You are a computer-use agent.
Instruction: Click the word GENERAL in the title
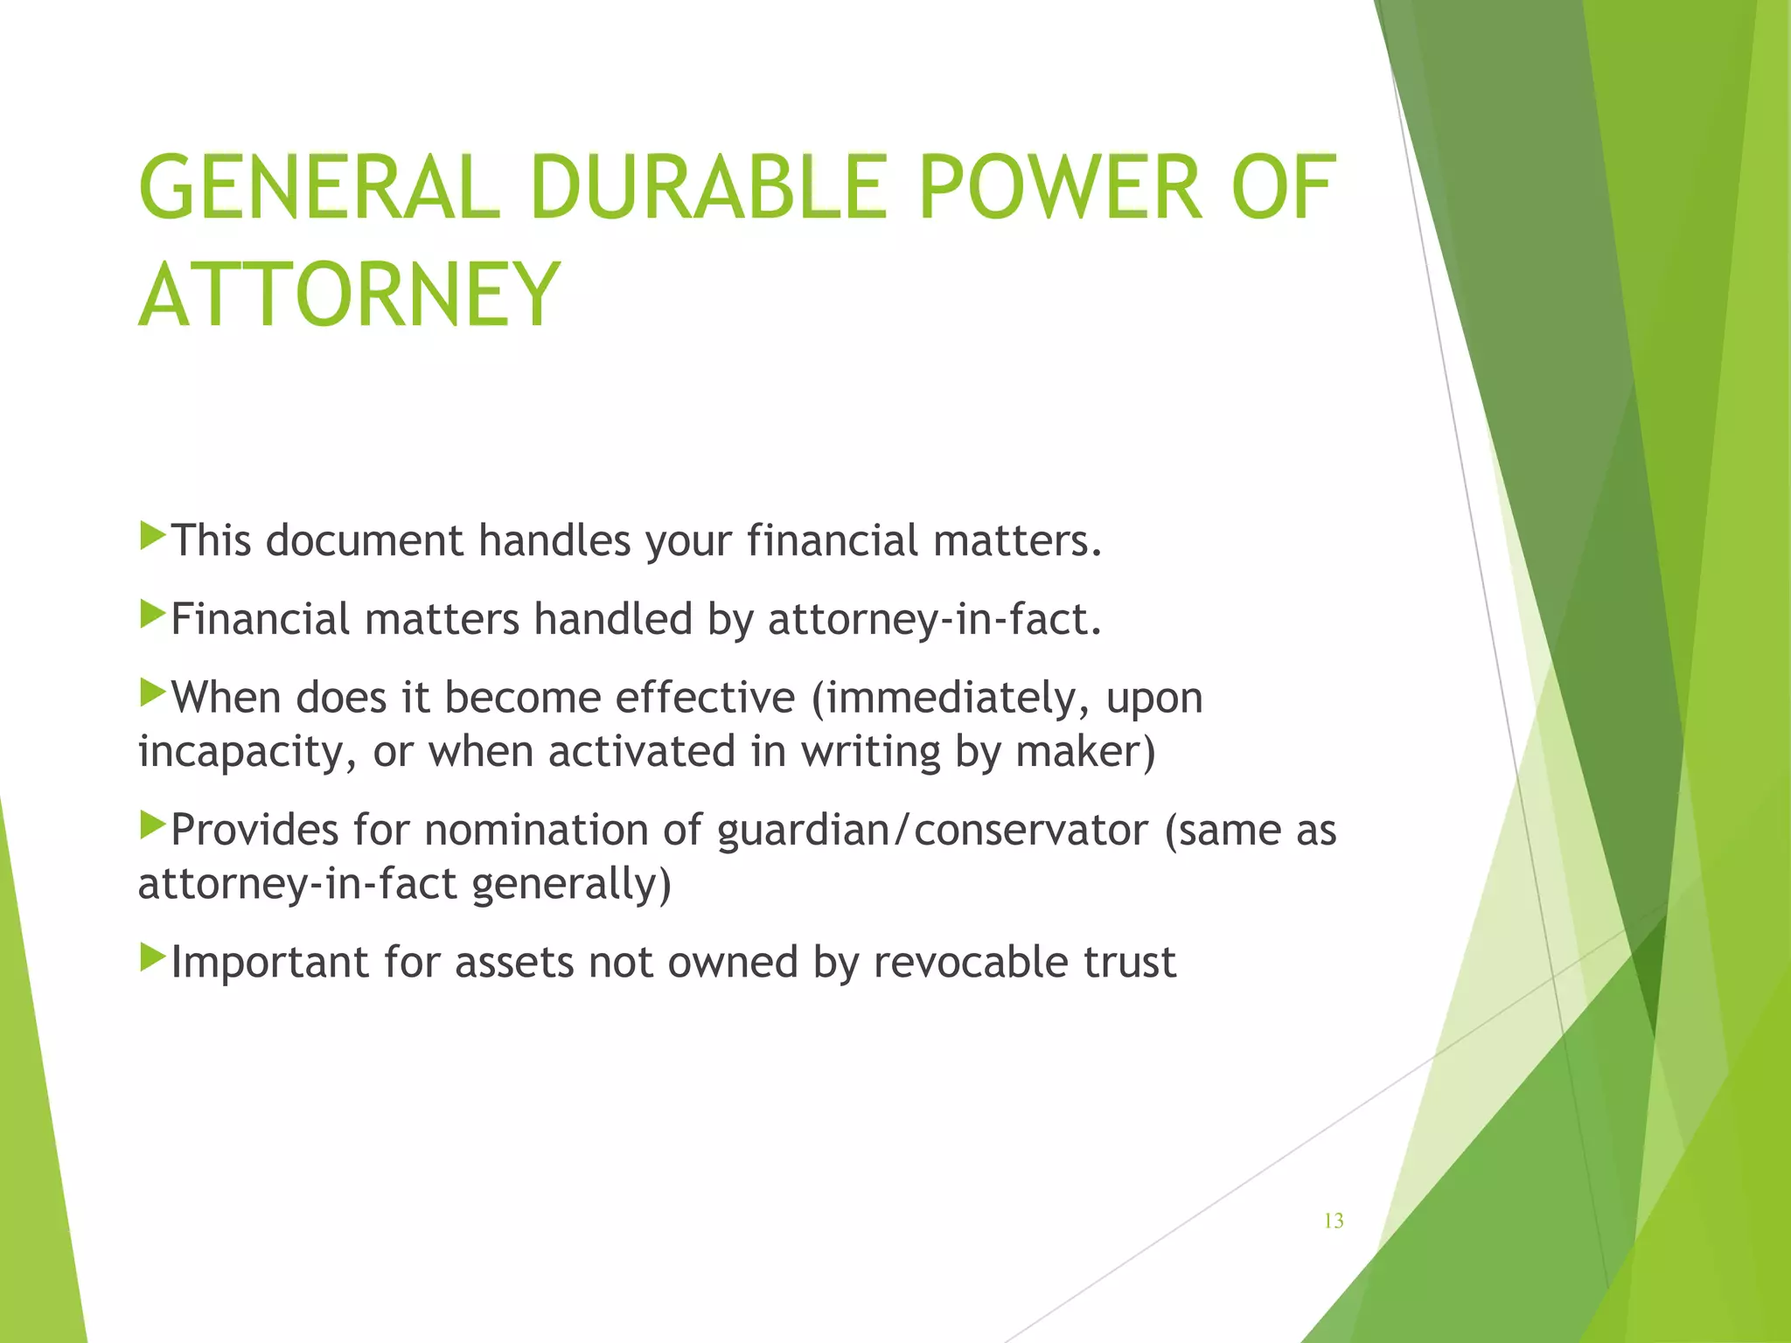(x=319, y=188)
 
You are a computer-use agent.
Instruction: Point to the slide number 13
(x=1334, y=1221)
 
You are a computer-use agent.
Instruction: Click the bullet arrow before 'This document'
(x=152, y=535)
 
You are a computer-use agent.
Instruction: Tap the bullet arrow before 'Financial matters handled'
(x=152, y=614)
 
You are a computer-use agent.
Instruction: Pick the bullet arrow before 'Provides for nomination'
(x=152, y=825)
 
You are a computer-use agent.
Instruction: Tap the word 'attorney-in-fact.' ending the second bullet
(x=935, y=619)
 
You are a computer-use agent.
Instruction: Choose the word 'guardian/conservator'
(x=932, y=830)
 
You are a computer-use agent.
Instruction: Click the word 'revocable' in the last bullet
(x=971, y=962)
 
